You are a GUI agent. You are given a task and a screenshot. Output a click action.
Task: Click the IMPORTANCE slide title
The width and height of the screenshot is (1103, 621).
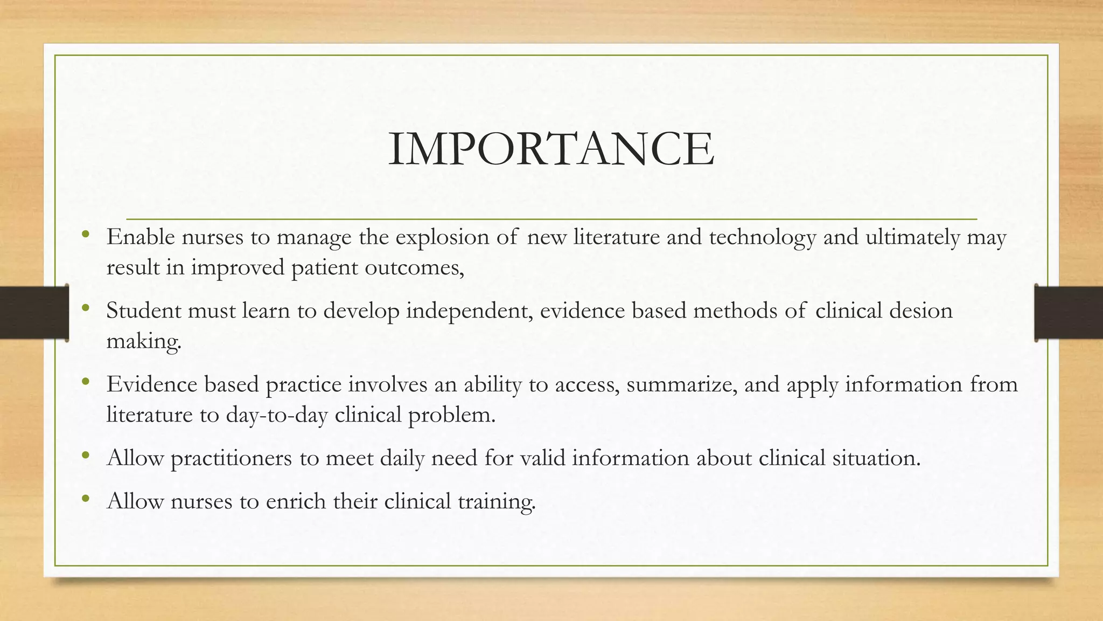[x=551, y=149]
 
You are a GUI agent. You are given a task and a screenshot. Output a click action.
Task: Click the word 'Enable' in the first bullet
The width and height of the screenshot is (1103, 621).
[x=141, y=237]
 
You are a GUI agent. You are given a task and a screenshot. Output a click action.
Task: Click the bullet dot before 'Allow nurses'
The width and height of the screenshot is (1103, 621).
[x=85, y=499]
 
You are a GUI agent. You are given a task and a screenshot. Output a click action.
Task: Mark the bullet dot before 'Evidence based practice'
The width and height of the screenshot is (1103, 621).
[x=85, y=382]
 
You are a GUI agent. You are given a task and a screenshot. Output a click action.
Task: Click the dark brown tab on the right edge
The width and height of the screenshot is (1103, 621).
[x=1069, y=313]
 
